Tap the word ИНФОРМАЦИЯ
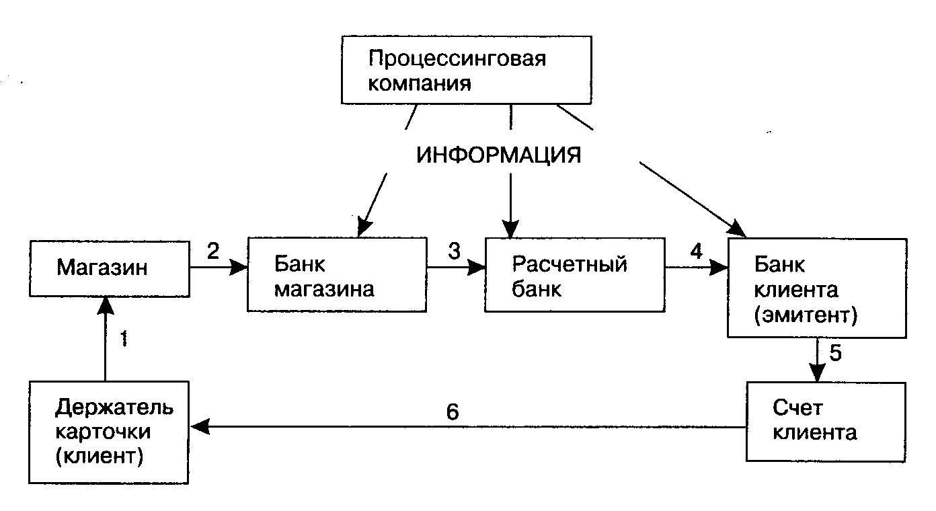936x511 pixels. (x=498, y=155)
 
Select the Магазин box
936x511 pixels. (x=110, y=268)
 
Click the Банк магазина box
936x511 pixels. (x=337, y=274)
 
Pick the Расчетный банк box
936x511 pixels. (x=574, y=274)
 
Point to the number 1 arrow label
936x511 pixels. (x=123, y=338)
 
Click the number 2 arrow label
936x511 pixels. (x=212, y=251)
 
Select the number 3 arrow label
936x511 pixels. (x=455, y=251)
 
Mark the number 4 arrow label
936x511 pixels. (x=696, y=251)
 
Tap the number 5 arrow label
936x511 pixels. (x=835, y=353)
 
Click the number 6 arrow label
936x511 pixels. (x=453, y=411)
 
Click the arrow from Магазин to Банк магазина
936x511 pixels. (x=219, y=268)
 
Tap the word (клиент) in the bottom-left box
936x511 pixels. (x=100, y=457)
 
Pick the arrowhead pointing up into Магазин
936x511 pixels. (x=106, y=306)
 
